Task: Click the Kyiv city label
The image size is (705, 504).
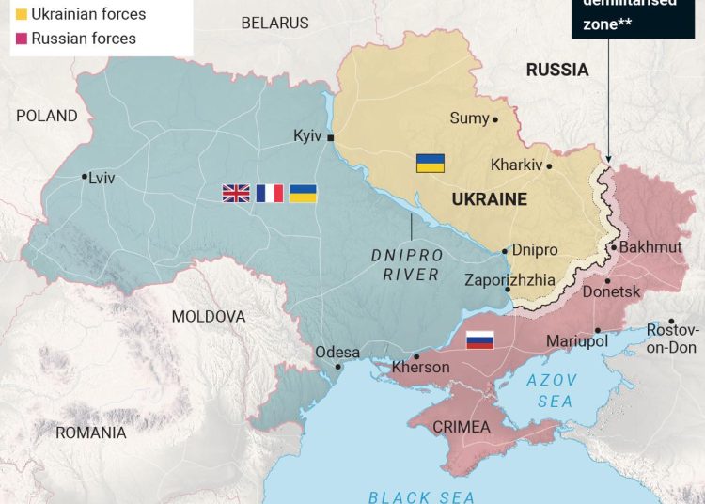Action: click(x=307, y=136)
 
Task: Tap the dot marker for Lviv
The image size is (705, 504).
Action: click(x=85, y=176)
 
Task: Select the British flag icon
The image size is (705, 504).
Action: click(x=235, y=193)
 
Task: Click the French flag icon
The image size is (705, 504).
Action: click(x=270, y=193)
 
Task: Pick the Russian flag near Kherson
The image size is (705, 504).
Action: click(x=480, y=339)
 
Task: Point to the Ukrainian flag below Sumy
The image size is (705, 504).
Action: click(x=431, y=163)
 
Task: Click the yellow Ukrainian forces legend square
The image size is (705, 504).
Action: click(x=21, y=14)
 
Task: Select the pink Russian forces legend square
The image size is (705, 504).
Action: click(x=21, y=39)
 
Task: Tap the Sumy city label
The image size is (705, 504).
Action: click(x=469, y=118)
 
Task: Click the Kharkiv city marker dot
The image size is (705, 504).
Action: click(x=549, y=166)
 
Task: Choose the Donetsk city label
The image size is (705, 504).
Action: click(x=611, y=292)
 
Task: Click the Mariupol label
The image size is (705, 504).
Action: click(x=576, y=340)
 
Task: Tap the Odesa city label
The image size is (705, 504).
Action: click(x=337, y=353)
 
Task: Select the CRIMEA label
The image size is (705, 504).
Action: click(x=461, y=427)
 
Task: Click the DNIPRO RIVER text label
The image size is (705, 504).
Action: click(x=412, y=265)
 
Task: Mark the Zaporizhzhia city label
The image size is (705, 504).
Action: click(x=509, y=280)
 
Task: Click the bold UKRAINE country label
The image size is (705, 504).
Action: click(x=489, y=199)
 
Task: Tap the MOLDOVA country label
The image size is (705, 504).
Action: click(x=208, y=317)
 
